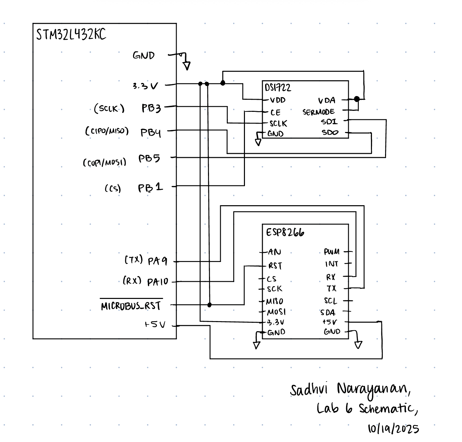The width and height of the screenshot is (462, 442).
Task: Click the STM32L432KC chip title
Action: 71,34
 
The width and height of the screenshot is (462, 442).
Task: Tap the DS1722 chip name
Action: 278,88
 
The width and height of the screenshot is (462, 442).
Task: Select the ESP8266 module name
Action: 285,232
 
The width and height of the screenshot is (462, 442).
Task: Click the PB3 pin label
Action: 151,108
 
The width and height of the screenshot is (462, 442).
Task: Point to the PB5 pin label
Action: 149,158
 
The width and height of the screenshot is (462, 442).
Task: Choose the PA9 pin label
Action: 157,261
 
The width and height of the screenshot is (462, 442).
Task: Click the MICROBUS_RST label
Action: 131,306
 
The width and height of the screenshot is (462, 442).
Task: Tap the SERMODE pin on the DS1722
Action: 318,112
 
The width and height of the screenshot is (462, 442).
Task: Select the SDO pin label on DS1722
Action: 330,133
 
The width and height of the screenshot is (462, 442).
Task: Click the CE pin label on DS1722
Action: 275,113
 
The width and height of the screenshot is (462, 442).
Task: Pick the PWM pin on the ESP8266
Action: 332,252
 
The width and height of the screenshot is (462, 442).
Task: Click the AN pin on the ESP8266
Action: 275,252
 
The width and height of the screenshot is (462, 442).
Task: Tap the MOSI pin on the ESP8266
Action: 276,312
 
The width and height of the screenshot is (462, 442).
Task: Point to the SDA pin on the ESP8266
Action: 328,313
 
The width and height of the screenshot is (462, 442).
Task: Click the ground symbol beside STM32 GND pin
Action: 186,65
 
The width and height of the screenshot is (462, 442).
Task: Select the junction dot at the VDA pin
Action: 357,99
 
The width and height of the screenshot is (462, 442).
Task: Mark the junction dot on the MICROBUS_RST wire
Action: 209,305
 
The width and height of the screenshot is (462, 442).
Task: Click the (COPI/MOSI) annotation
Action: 104,163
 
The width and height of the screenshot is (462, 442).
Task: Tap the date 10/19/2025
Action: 393,429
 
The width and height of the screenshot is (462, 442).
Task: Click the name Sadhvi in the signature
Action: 308,390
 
